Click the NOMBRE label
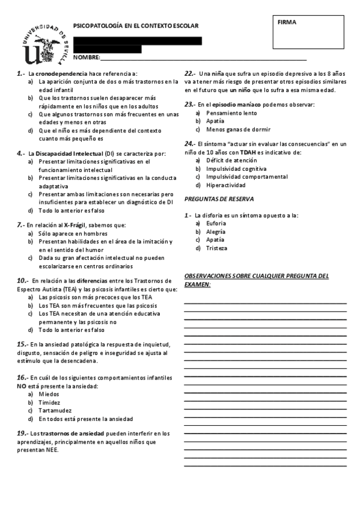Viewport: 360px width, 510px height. pos(86,57)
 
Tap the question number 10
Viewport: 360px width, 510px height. pos(22,280)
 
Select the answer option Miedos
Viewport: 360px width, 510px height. pos(49,394)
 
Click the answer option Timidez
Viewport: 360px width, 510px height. pos(50,402)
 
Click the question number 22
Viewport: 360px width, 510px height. pos(189,72)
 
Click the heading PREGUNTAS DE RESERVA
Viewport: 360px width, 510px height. pos(219,198)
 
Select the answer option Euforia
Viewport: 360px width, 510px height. pos(216,223)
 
